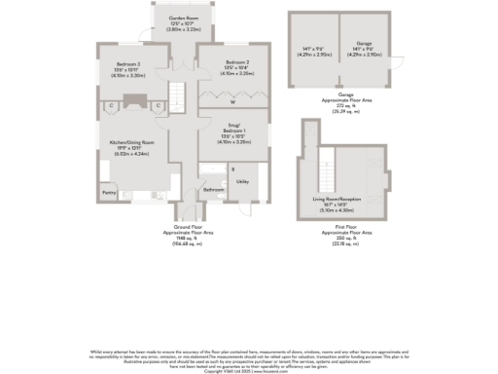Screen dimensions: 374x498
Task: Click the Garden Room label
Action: (178, 19)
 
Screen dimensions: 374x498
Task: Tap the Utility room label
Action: (242, 182)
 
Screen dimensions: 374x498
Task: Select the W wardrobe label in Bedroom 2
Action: (232, 101)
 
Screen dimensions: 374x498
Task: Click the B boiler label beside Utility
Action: (233, 169)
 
